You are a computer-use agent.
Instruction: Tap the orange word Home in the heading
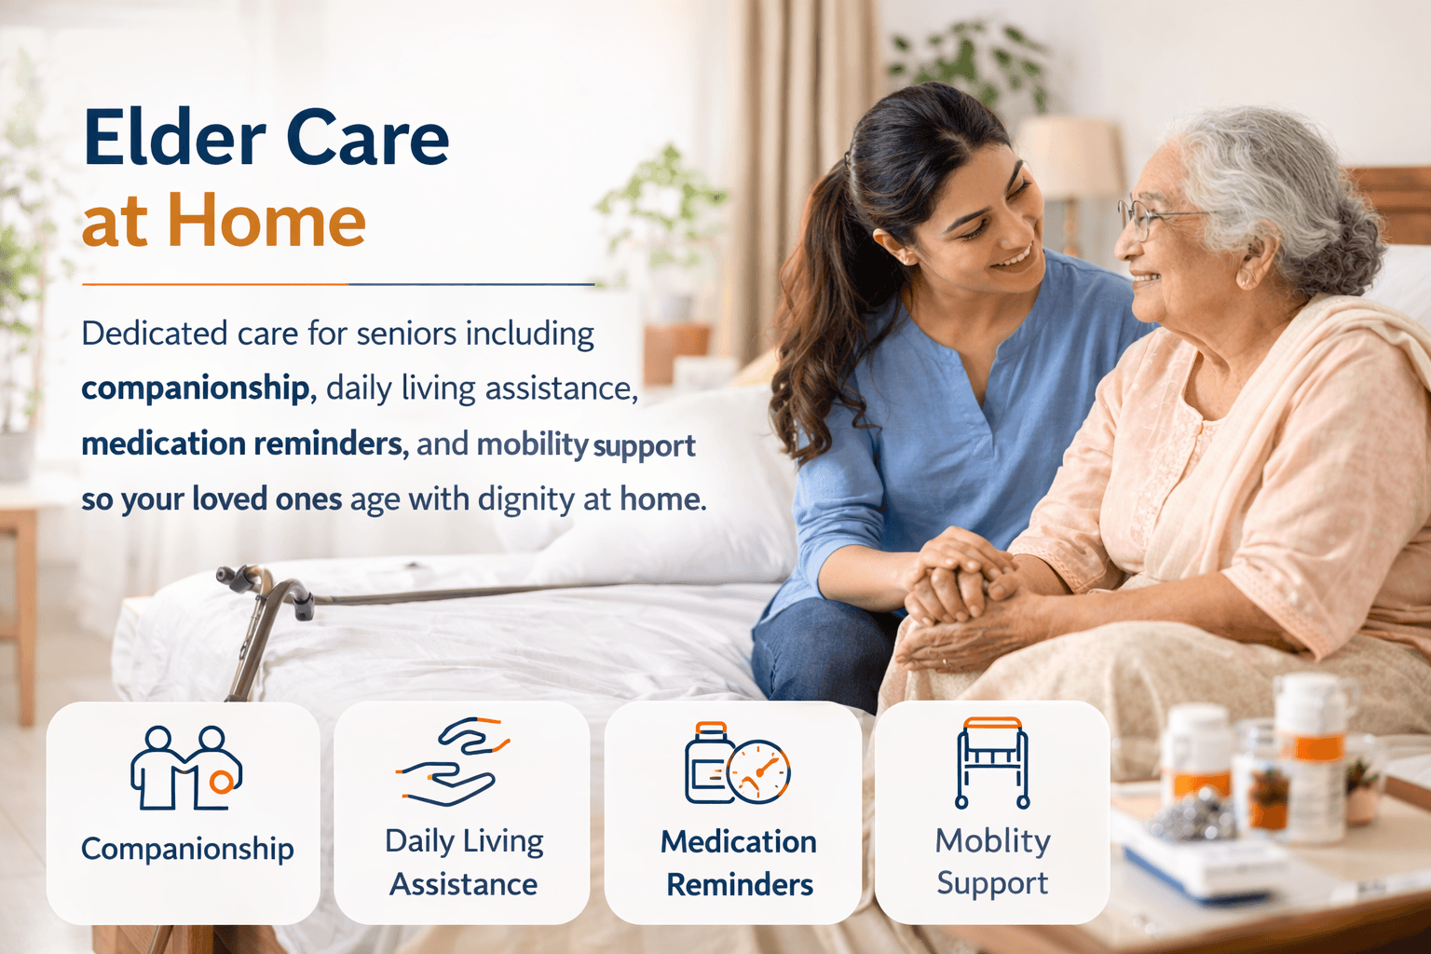click(266, 222)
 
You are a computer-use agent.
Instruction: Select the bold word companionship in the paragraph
click(195, 388)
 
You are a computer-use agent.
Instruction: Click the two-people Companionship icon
click(185, 768)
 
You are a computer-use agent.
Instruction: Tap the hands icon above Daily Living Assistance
click(452, 761)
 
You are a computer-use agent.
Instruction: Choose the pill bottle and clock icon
click(737, 763)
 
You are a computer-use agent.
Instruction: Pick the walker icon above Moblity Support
click(992, 762)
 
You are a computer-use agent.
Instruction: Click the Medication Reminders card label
click(739, 863)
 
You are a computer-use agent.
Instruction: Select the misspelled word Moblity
click(992, 840)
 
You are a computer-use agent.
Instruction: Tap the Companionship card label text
click(187, 849)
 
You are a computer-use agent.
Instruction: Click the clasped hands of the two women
click(960, 578)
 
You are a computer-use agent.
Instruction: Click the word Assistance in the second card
click(463, 884)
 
